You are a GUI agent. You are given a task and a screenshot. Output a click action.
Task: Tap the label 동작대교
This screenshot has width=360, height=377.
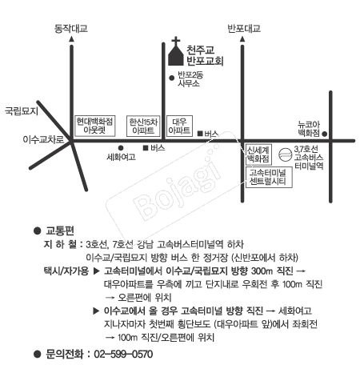(71, 29)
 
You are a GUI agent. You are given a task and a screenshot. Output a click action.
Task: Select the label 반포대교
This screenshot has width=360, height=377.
(244, 29)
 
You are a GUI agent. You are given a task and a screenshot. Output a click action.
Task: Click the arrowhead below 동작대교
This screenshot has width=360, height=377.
(71, 39)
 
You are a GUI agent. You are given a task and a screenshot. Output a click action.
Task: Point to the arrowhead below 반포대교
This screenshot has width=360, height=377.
(242, 39)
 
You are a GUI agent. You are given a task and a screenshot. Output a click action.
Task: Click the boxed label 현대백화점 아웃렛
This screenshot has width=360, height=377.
(95, 126)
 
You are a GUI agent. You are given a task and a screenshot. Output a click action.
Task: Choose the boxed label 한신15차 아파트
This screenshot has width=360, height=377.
(143, 126)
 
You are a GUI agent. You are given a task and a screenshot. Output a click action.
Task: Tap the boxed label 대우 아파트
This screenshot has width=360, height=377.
(179, 126)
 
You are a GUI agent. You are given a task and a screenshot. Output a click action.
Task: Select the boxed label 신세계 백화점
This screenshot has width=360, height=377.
(258, 154)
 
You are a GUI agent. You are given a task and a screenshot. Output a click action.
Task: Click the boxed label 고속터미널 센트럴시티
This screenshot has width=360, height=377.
(269, 177)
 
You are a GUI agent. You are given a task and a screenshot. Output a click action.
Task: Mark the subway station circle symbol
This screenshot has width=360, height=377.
(285, 154)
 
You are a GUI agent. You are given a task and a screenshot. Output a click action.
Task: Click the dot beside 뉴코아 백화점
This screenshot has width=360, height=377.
(324, 134)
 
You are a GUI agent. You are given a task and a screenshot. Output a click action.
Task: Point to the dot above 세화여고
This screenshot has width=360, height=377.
(121, 148)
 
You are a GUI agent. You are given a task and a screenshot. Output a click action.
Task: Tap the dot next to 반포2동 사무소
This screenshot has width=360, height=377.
(172, 78)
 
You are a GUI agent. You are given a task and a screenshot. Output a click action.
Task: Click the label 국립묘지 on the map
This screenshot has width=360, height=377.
(22, 110)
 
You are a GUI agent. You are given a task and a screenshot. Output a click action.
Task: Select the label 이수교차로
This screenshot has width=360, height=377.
(43, 139)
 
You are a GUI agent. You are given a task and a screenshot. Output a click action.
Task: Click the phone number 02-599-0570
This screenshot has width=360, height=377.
(123, 355)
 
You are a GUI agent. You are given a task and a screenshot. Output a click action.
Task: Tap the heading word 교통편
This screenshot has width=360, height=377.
(60, 231)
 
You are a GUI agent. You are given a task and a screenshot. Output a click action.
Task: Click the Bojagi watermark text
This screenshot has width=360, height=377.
(178, 185)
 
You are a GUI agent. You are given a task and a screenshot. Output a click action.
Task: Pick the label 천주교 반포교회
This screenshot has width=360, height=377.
(205, 55)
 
